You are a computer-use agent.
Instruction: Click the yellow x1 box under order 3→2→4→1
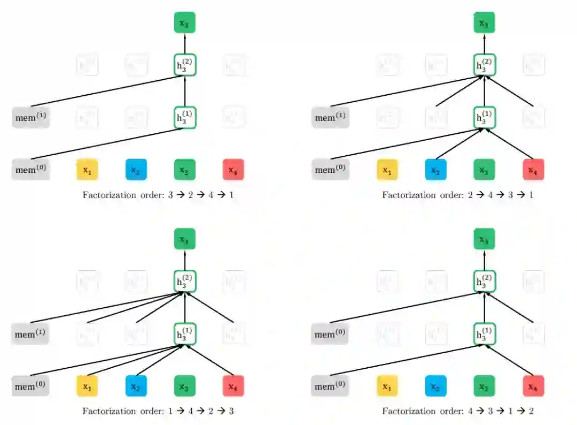tap(87, 170)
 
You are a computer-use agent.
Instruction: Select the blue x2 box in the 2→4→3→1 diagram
tap(436, 170)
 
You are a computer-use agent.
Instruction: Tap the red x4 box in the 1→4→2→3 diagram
tap(233, 386)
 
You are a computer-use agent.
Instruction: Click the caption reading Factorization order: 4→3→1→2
tap(458, 411)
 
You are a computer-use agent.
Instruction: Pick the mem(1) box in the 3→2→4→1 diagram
tap(31, 118)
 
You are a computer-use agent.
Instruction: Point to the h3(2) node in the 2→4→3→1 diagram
tap(484, 65)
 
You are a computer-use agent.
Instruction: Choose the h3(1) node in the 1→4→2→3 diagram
tap(185, 334)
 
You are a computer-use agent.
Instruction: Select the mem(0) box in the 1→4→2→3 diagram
tap(31, 386)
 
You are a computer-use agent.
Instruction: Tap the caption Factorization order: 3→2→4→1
tap(158, 195)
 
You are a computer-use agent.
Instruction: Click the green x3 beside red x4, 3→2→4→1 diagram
tap(185, 170)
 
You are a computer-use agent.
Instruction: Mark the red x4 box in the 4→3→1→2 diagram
tap(533, 386)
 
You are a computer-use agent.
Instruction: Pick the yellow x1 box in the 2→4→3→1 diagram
tap(387, 170)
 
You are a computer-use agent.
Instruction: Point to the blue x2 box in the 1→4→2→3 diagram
tap(136, 386)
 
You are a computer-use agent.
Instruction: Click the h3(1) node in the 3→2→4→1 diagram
tap(185, 118)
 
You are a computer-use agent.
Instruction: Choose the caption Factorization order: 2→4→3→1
tap(458, 195)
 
